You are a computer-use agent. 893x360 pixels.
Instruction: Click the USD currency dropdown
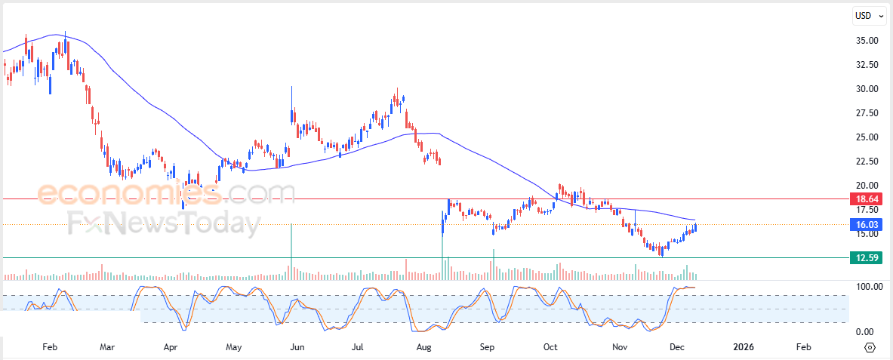tap(869, 16)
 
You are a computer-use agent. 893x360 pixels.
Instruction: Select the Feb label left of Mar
tap(50, 347)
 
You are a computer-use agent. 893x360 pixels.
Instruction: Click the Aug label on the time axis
tap(424, 347)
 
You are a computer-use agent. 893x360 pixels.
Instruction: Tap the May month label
tap(234, 347)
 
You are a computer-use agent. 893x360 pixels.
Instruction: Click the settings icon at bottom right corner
tap(870, 347)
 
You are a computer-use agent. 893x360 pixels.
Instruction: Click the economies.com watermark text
tap(166, 195)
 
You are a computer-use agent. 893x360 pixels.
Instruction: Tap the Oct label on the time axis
tap(550, 347)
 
